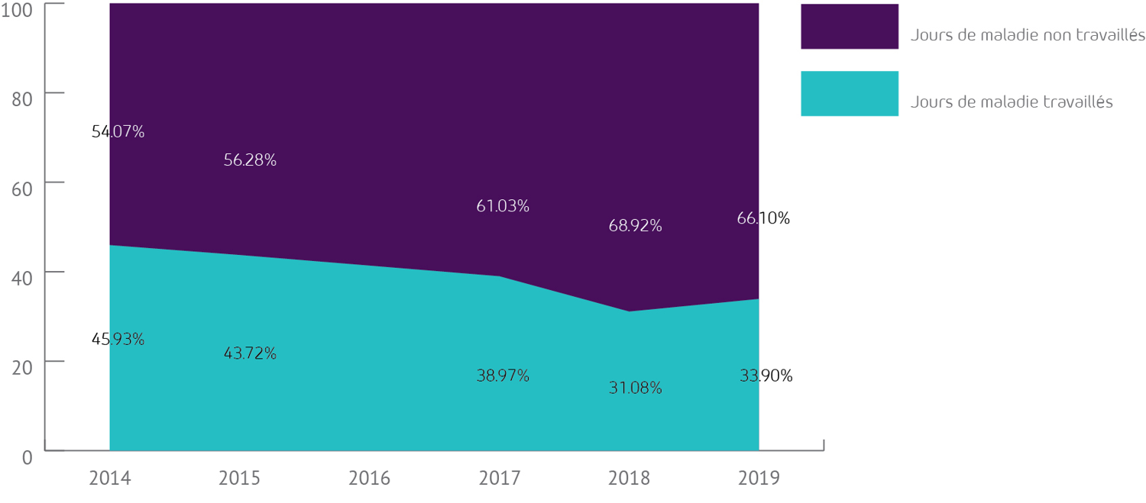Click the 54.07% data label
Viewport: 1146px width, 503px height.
[x=118, y=132]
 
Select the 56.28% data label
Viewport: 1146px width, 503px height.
[x=250, y=160]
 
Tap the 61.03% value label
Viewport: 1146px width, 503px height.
[x=503, y=206]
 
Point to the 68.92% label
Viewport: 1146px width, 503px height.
[x=635, y=226]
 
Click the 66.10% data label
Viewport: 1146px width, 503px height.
[x=763, y=218]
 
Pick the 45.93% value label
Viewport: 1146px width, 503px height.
[x=118, y=339]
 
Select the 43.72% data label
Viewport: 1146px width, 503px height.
[x=250, y=353]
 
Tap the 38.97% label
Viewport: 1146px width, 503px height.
[x=503, y=376]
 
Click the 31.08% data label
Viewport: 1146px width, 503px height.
[x=635, y=388]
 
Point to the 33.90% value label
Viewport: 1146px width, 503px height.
[x=766, y=376]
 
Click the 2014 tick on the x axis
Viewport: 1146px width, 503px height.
[x=110, y=479]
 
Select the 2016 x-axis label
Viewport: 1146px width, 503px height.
[x=369, y=479]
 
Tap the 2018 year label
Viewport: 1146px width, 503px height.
[x=630, y=479]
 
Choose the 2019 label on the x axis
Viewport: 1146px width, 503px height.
[x=759, y=479]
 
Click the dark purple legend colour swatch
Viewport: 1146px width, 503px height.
[x=849, y=27]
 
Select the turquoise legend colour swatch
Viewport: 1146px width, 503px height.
[x=849, y=93]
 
